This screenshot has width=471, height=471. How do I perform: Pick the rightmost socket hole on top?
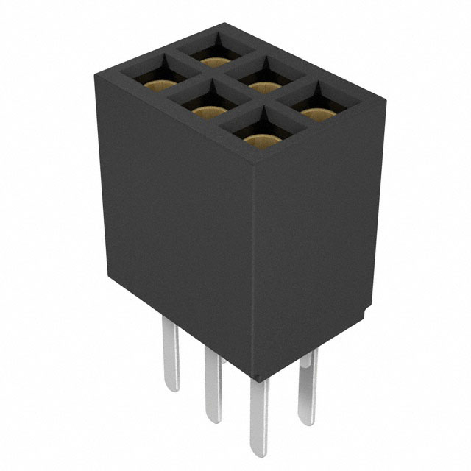pos(317,107)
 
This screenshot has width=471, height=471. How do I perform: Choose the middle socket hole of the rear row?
pos(262,79)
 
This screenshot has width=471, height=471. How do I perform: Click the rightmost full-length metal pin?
pos(305,386)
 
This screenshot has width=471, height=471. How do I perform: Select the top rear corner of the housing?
pos(222,24)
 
